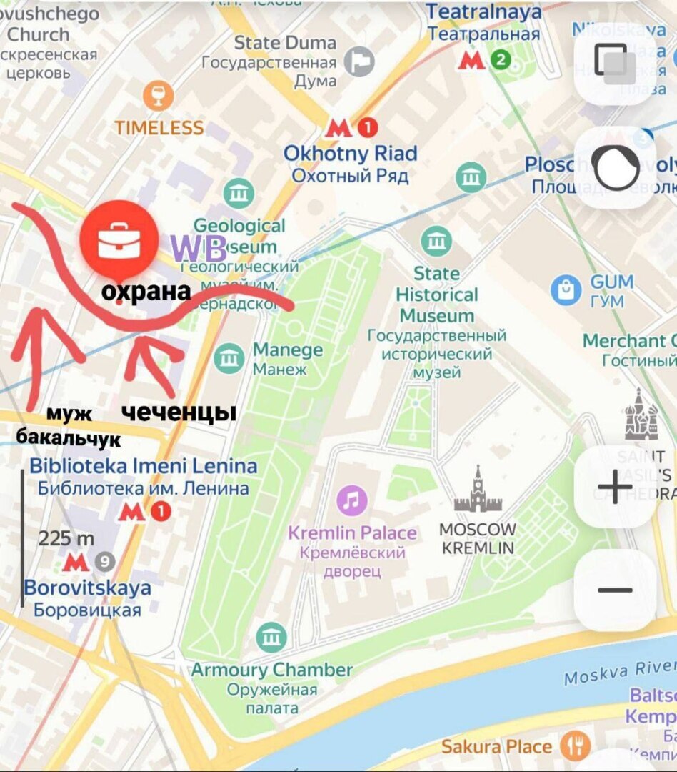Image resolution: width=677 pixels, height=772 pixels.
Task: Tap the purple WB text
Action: click(198, 247)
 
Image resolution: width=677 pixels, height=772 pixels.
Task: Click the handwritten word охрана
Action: click(146, 292)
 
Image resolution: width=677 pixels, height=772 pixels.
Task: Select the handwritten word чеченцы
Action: click(178, 412)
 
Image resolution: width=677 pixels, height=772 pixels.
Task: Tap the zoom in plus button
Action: click(615, 488)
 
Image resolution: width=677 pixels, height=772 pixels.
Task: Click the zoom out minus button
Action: click(615, 590)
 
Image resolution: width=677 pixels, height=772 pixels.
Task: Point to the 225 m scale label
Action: click(66, 538)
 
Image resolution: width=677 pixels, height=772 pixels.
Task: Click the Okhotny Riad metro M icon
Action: click(338, 128)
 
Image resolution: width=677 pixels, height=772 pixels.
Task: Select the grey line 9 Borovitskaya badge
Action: click(105, 562)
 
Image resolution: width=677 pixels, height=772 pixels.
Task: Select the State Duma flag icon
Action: click(359, 62)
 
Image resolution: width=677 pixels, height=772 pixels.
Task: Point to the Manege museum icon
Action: click(229, 358)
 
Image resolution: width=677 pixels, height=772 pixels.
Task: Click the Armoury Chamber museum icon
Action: click(271, 638)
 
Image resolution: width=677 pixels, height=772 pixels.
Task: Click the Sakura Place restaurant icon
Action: click(575, 746)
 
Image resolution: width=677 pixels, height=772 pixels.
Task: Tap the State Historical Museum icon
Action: click(436, 242)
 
